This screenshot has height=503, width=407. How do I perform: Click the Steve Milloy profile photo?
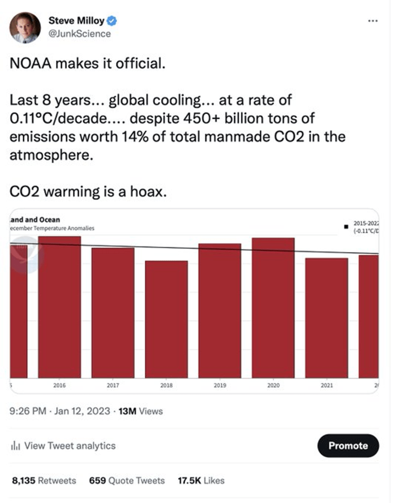pyautogui.click(x=25, y=27)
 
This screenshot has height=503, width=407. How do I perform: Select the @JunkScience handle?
pyautogui.click(x=79, y=33)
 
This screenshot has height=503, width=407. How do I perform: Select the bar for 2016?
pyautogui.click(x=60, y=307)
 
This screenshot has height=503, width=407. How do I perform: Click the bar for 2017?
pyautogui.click(x=113, y=313)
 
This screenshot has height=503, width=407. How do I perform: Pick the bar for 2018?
pyautogui.click(x=166, y=319)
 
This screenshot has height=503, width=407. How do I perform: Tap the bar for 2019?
pyautogui.click(x=220, y=311)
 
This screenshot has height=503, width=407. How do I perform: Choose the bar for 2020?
pyautogui.click(x=273, y=308)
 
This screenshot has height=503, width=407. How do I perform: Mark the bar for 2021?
pyautogui.click(x=326, y=317)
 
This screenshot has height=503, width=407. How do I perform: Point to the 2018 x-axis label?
pyautogui.click(x=166, y=385)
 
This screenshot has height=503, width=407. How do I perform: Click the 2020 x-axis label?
pyautogui.click(x=273, y=385)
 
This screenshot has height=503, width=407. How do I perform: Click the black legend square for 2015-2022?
pyautogui.click(x=346, y=225)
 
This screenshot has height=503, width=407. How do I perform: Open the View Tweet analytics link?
pyautogui.click(x=63, y=446)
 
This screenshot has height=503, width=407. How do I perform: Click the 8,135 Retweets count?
pyautogui.click(x=44, y=480)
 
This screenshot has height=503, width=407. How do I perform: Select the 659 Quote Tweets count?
pyautogui.click(x=127, y=480)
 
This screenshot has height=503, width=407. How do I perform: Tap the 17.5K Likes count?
pyautogui.click(x=201, y=480)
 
